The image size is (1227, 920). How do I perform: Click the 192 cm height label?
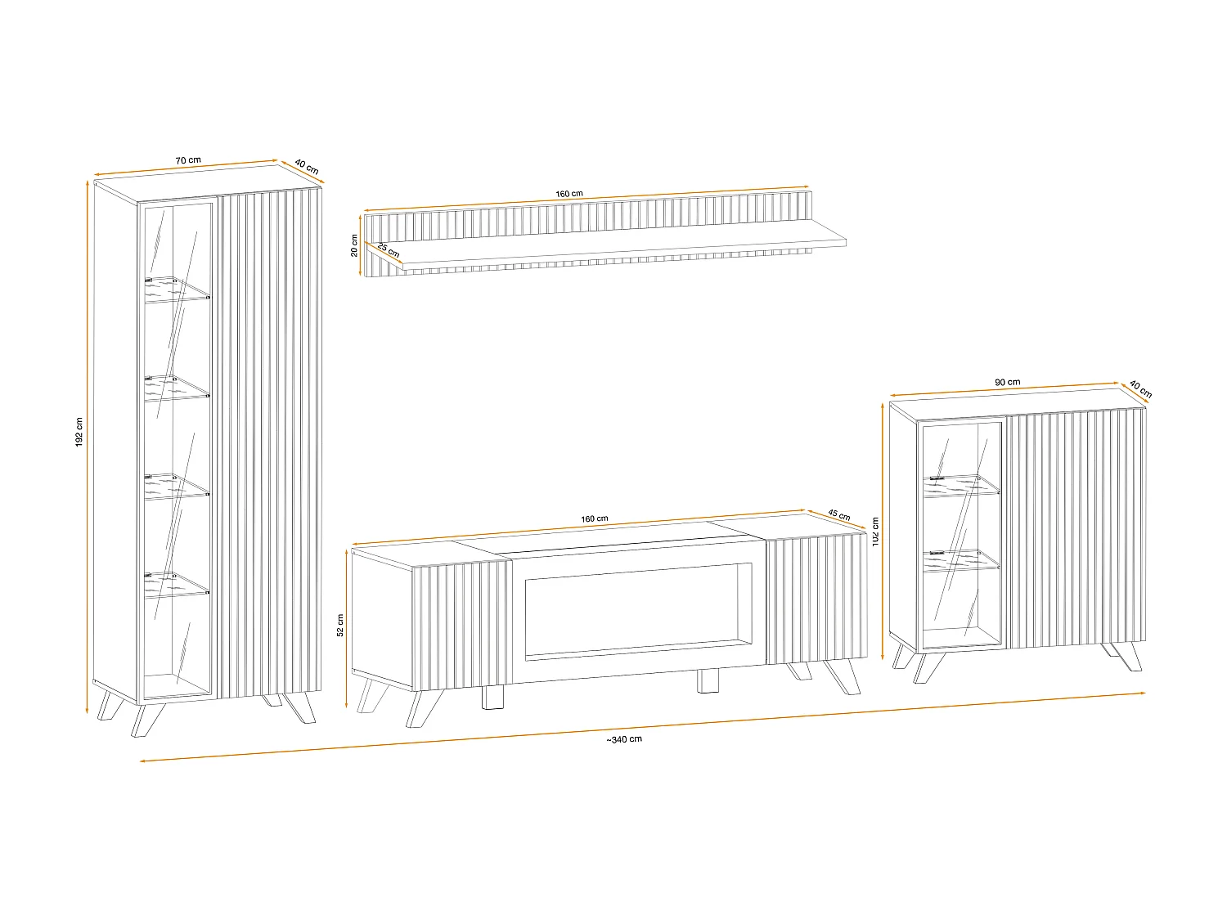79,433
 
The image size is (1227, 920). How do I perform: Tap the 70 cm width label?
188,160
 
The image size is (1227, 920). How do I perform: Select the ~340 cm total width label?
624,739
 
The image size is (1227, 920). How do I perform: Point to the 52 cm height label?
340,625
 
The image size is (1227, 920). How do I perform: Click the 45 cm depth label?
839,515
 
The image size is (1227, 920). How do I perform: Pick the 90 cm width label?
1008,382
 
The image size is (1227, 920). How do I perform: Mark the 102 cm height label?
875,533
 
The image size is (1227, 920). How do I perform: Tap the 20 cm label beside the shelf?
354,245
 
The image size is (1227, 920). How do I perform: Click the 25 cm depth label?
389,249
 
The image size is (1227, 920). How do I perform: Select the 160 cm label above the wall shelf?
569,194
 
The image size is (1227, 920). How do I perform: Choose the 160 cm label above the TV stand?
595,518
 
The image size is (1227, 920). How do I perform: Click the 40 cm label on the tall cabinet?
307,167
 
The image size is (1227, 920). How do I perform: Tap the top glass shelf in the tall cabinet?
177,289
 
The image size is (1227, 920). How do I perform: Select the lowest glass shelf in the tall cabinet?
177,585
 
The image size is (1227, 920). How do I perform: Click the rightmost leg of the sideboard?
1127,657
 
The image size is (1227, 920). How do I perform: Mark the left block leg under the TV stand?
493,697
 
